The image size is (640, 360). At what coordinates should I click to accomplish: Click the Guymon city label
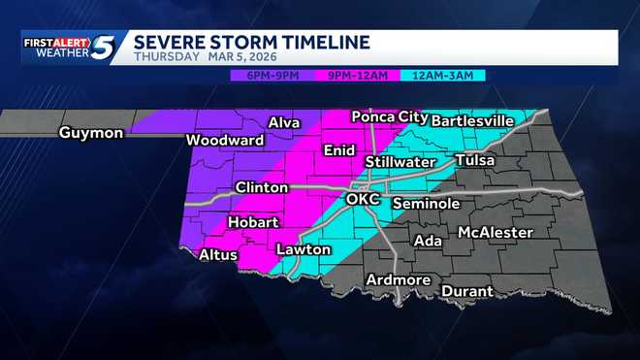[91, 133]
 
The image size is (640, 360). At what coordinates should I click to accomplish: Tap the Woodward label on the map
[225, 141]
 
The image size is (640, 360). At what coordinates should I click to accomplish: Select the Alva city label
[283, 123]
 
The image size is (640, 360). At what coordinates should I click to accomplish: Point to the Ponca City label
[389, 116]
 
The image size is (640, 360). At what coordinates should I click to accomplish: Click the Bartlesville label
[471, 120]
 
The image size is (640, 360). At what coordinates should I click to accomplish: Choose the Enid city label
[338, 150]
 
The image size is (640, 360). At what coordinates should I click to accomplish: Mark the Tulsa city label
[475, 160]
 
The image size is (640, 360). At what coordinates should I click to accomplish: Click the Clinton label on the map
[261, 187]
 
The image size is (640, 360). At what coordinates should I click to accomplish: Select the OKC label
[363, 200]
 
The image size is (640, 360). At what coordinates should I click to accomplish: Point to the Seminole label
[426, 204]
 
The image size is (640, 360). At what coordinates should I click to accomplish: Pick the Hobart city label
[253, 222]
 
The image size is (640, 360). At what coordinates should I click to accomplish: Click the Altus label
[217, 255]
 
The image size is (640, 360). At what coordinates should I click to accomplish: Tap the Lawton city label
[297, 249]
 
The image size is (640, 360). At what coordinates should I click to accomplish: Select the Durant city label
[467, 291]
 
